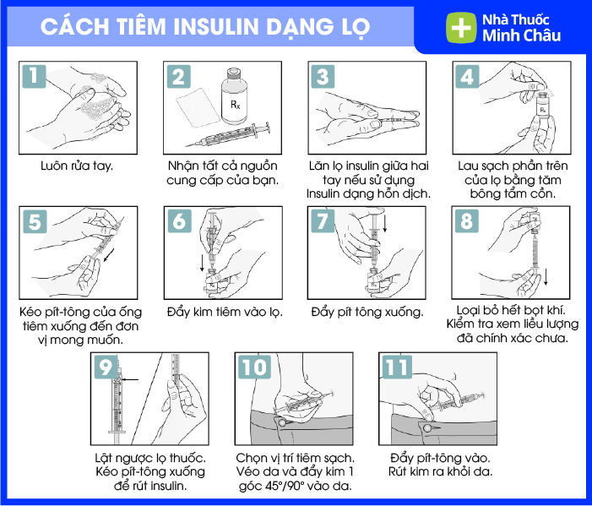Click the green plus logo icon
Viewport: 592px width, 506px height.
[x=461, y=28]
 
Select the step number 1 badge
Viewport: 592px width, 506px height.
[x=34, y=77]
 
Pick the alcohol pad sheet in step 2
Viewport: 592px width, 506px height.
[x=198, y=108]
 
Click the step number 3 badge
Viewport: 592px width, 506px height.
[x=323, y=77]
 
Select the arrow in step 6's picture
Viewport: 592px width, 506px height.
[x=202, y=264]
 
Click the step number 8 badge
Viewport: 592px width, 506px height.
[x=467, y=221]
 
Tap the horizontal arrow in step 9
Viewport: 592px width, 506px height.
[x=130, y=379]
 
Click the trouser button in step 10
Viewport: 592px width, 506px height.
[x=282, y=422]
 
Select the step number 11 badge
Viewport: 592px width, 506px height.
[x=397, y=367]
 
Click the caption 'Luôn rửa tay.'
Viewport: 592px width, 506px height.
[x=77, y=166]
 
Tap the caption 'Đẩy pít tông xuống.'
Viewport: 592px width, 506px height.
[x=367, y=313]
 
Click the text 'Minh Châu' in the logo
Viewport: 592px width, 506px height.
[x=521, y=35]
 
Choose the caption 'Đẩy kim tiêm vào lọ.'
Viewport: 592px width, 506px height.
[x=225, y=313]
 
